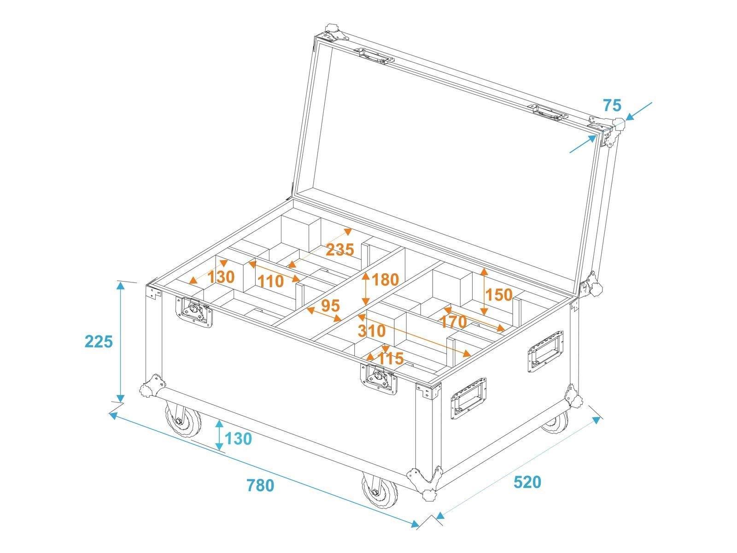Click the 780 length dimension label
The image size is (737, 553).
point(260,486)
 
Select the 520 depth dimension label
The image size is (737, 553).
point(527,482)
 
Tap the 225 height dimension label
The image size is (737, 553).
point(99,341)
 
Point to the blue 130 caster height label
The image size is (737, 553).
point(238,439)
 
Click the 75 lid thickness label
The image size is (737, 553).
point(612,106)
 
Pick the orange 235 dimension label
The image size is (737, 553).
point(340,250)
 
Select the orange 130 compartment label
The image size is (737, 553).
point(221,277)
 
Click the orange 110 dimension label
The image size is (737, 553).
point(270,281)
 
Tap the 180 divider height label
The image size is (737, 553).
point(385,279)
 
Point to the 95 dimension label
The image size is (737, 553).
point(330,306)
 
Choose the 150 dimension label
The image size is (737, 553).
point(499,294)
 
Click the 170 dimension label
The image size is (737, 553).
point(454,321)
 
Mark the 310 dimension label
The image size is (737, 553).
point(371,330)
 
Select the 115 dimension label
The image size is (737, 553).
point(391,358)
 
